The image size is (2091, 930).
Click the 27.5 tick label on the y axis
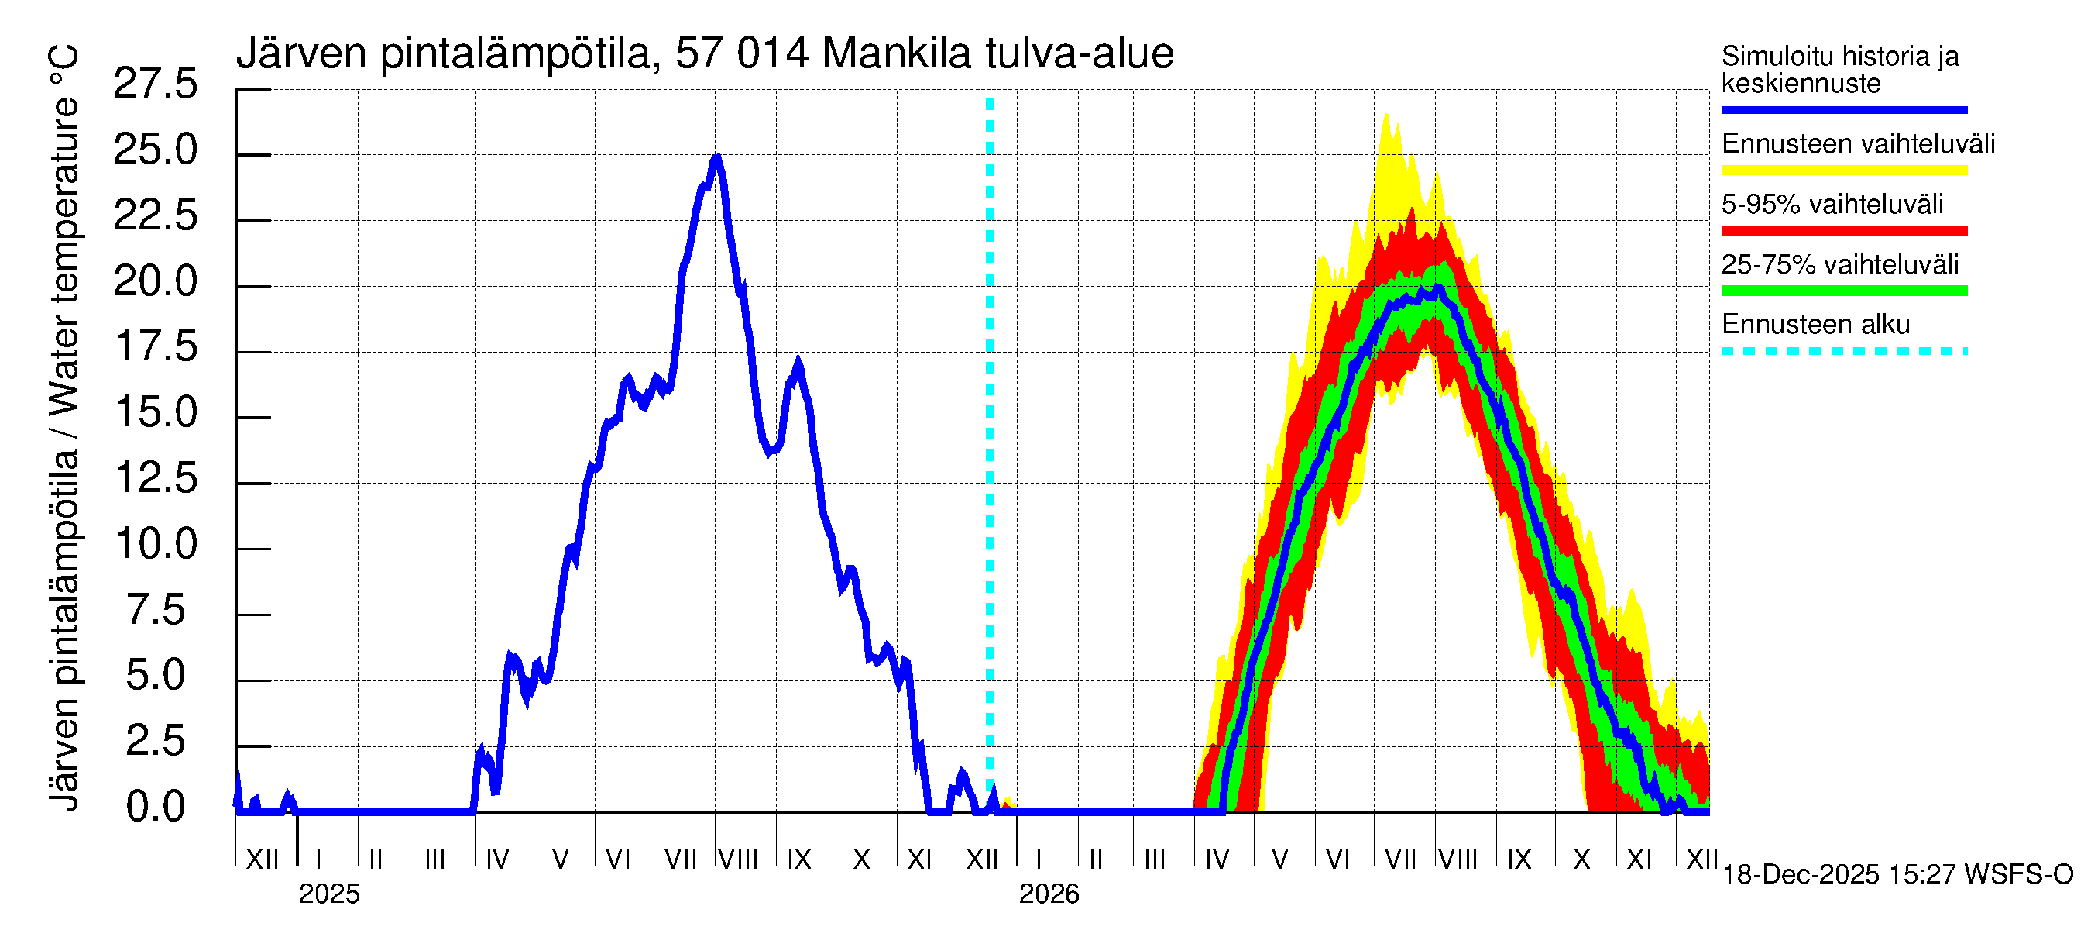(155, 84)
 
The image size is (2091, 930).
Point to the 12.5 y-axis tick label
(155, 477)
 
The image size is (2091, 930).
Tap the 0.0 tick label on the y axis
(155, 807)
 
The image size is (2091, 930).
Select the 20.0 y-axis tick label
(155, 281)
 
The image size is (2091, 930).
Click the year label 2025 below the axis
(328, 894)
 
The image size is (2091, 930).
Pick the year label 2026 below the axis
(1049, 894)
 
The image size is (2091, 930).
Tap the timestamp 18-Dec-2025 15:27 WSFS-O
(1897, 874)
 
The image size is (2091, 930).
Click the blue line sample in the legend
(1843, 109)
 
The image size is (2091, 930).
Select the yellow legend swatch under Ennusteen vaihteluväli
(1843, 170)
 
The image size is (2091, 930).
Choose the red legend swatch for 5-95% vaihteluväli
(1843, 230)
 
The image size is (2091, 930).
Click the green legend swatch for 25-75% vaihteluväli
(1843, 290)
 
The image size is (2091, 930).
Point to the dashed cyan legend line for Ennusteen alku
(1843, 351)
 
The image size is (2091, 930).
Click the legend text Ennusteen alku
(1815, 324)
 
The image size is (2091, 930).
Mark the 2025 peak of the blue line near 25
(716, 157)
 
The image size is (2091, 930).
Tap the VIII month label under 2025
(738, 859)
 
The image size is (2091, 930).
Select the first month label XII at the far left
(262, 859)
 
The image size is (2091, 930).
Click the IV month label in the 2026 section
(1217, 859)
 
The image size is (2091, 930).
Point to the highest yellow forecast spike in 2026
(1386, 116)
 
